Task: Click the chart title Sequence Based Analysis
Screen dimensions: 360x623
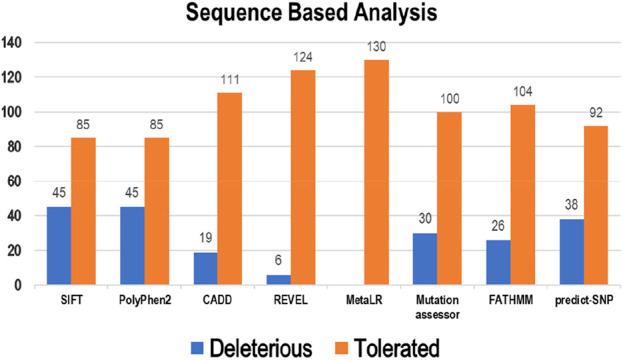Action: [312, 16]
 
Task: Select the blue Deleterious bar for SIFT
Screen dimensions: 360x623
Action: [58, 246]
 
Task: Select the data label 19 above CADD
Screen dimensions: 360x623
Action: [204, 239]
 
